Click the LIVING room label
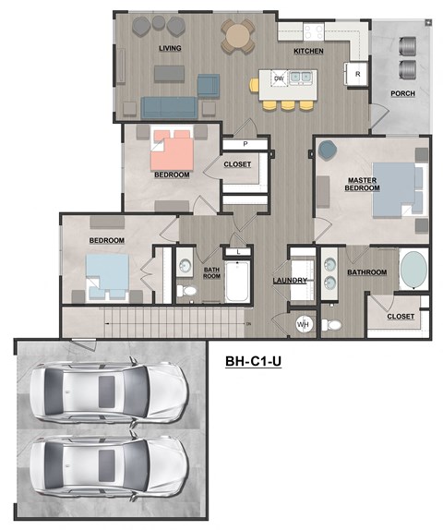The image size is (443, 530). pos(170,48)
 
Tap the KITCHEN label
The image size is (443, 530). pos(308,52)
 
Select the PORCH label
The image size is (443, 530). pos(402,94)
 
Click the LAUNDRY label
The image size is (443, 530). pos(289,281)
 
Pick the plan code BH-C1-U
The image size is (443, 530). pos(253,362)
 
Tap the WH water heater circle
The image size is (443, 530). pos(304,324)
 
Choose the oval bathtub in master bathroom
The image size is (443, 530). pos(413,270)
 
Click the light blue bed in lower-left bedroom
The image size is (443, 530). pos(107,273)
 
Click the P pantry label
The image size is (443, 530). pos(245,144)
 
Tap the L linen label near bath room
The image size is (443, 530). pos(238,251)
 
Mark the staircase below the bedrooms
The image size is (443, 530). pos(175,322)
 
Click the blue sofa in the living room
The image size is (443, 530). pos(166,107)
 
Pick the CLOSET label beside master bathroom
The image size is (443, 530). pos(401,317)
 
